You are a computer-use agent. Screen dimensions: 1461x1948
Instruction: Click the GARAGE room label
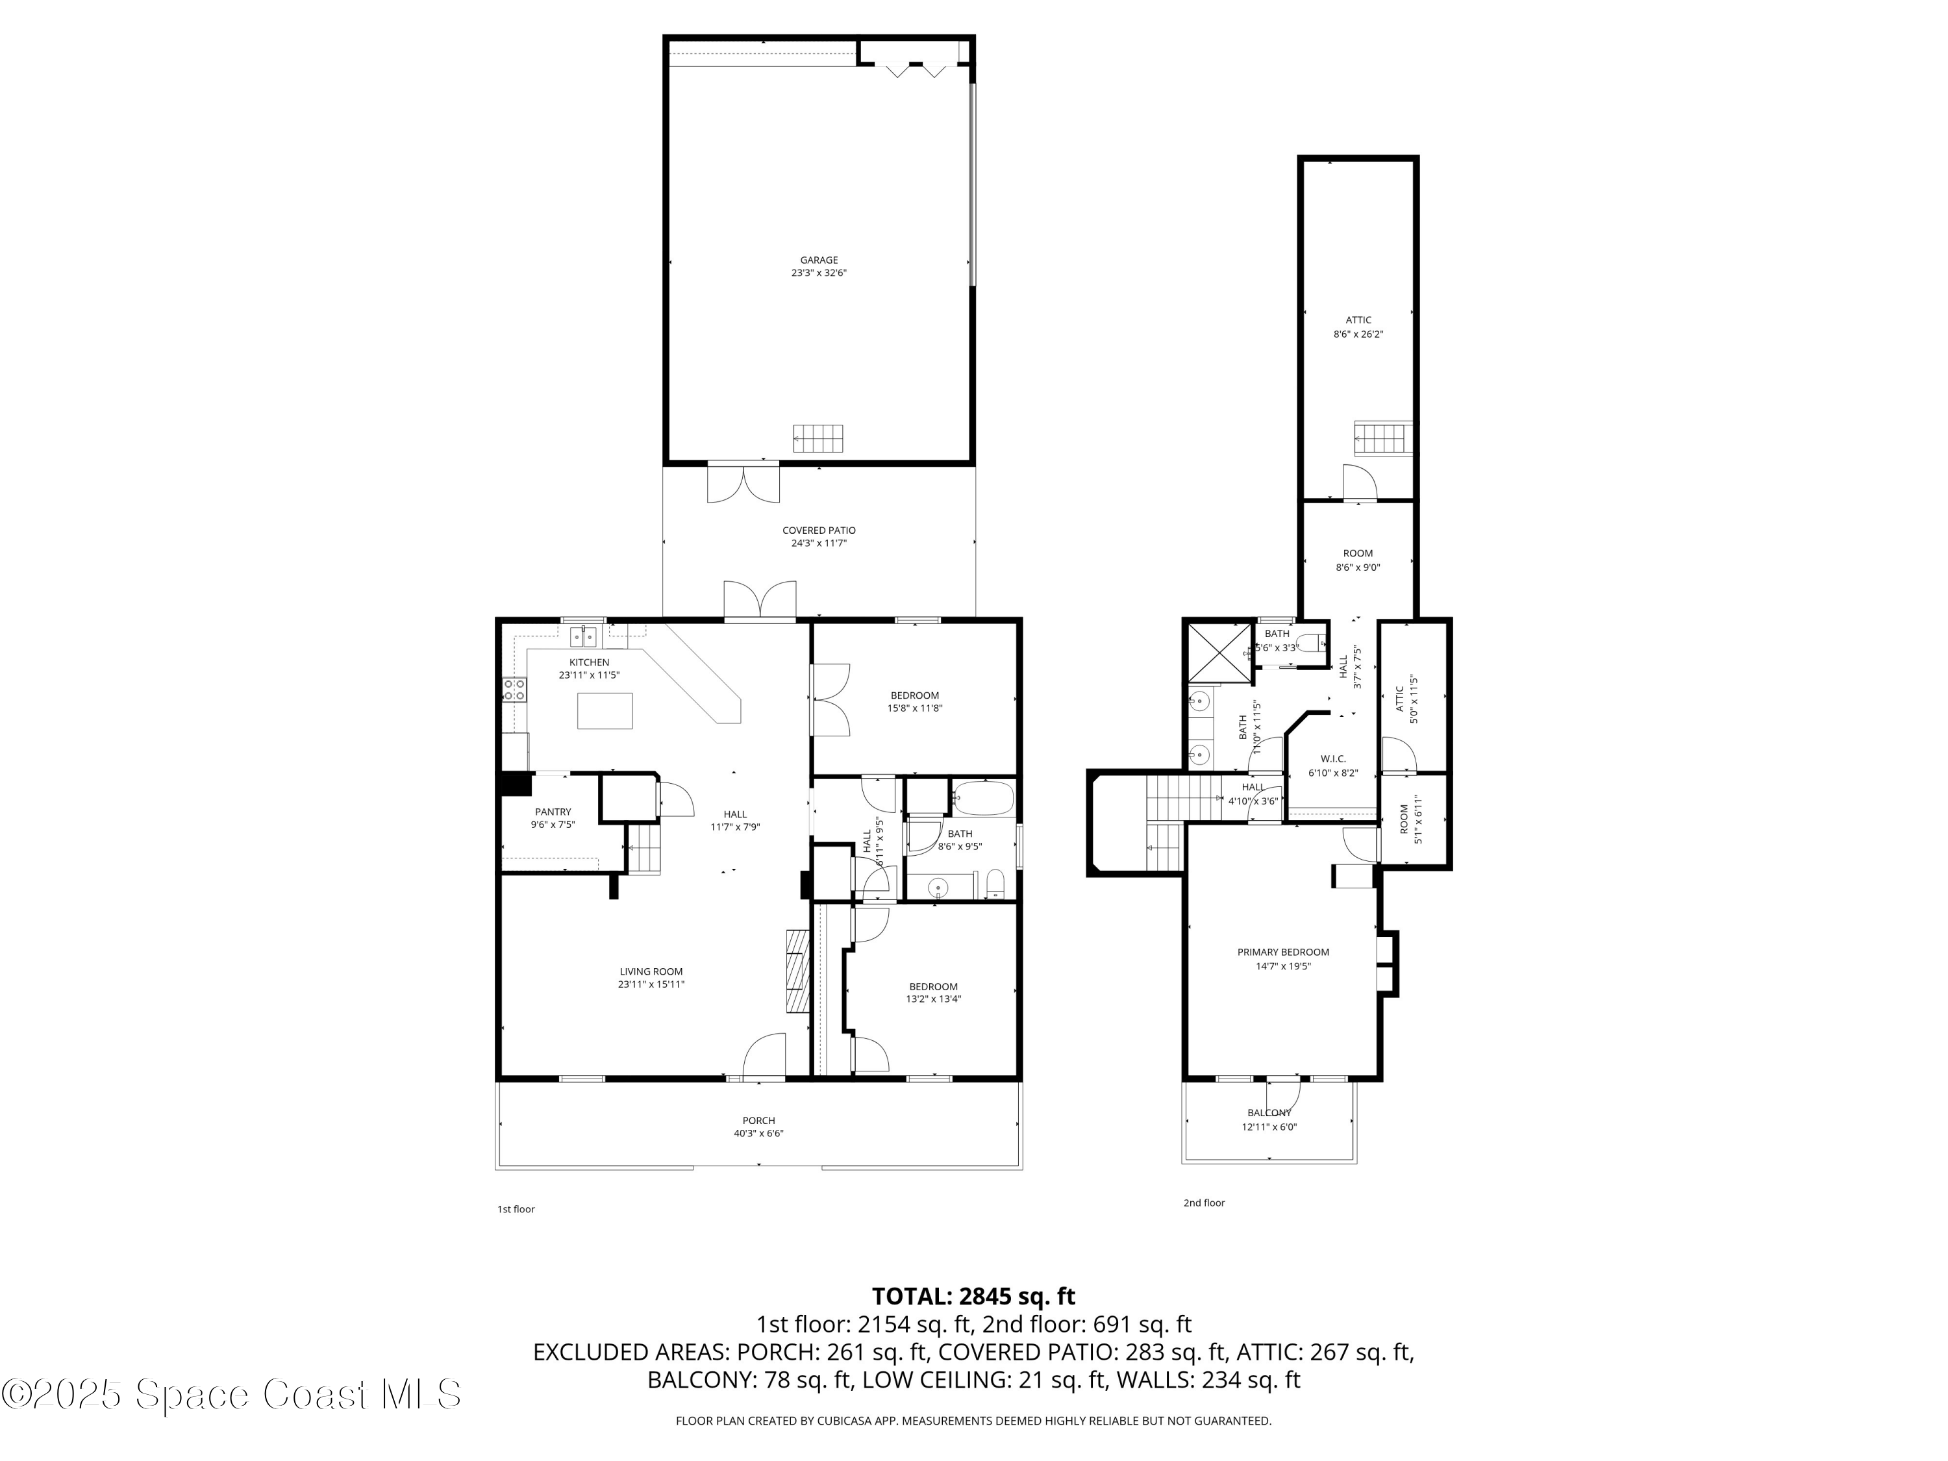tap(818, 260)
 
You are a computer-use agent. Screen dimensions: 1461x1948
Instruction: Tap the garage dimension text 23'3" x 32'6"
tap(818, 273)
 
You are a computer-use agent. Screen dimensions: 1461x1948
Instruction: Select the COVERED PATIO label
tap(818, 530)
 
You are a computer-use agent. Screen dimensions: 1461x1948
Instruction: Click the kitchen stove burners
tap(514, 690)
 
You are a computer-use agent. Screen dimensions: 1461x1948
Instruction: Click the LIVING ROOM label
tap(651, 971)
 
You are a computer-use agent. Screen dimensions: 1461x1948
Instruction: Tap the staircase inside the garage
tap(818, 438)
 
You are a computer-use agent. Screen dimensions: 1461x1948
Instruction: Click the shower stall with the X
tap(1219, 653)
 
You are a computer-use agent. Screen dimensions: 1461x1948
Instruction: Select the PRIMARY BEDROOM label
tap(1282, 952)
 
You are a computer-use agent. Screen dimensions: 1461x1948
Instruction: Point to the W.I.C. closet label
tap(1332, 759)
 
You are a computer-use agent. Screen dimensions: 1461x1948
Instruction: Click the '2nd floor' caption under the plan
tap(1203, 1203)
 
